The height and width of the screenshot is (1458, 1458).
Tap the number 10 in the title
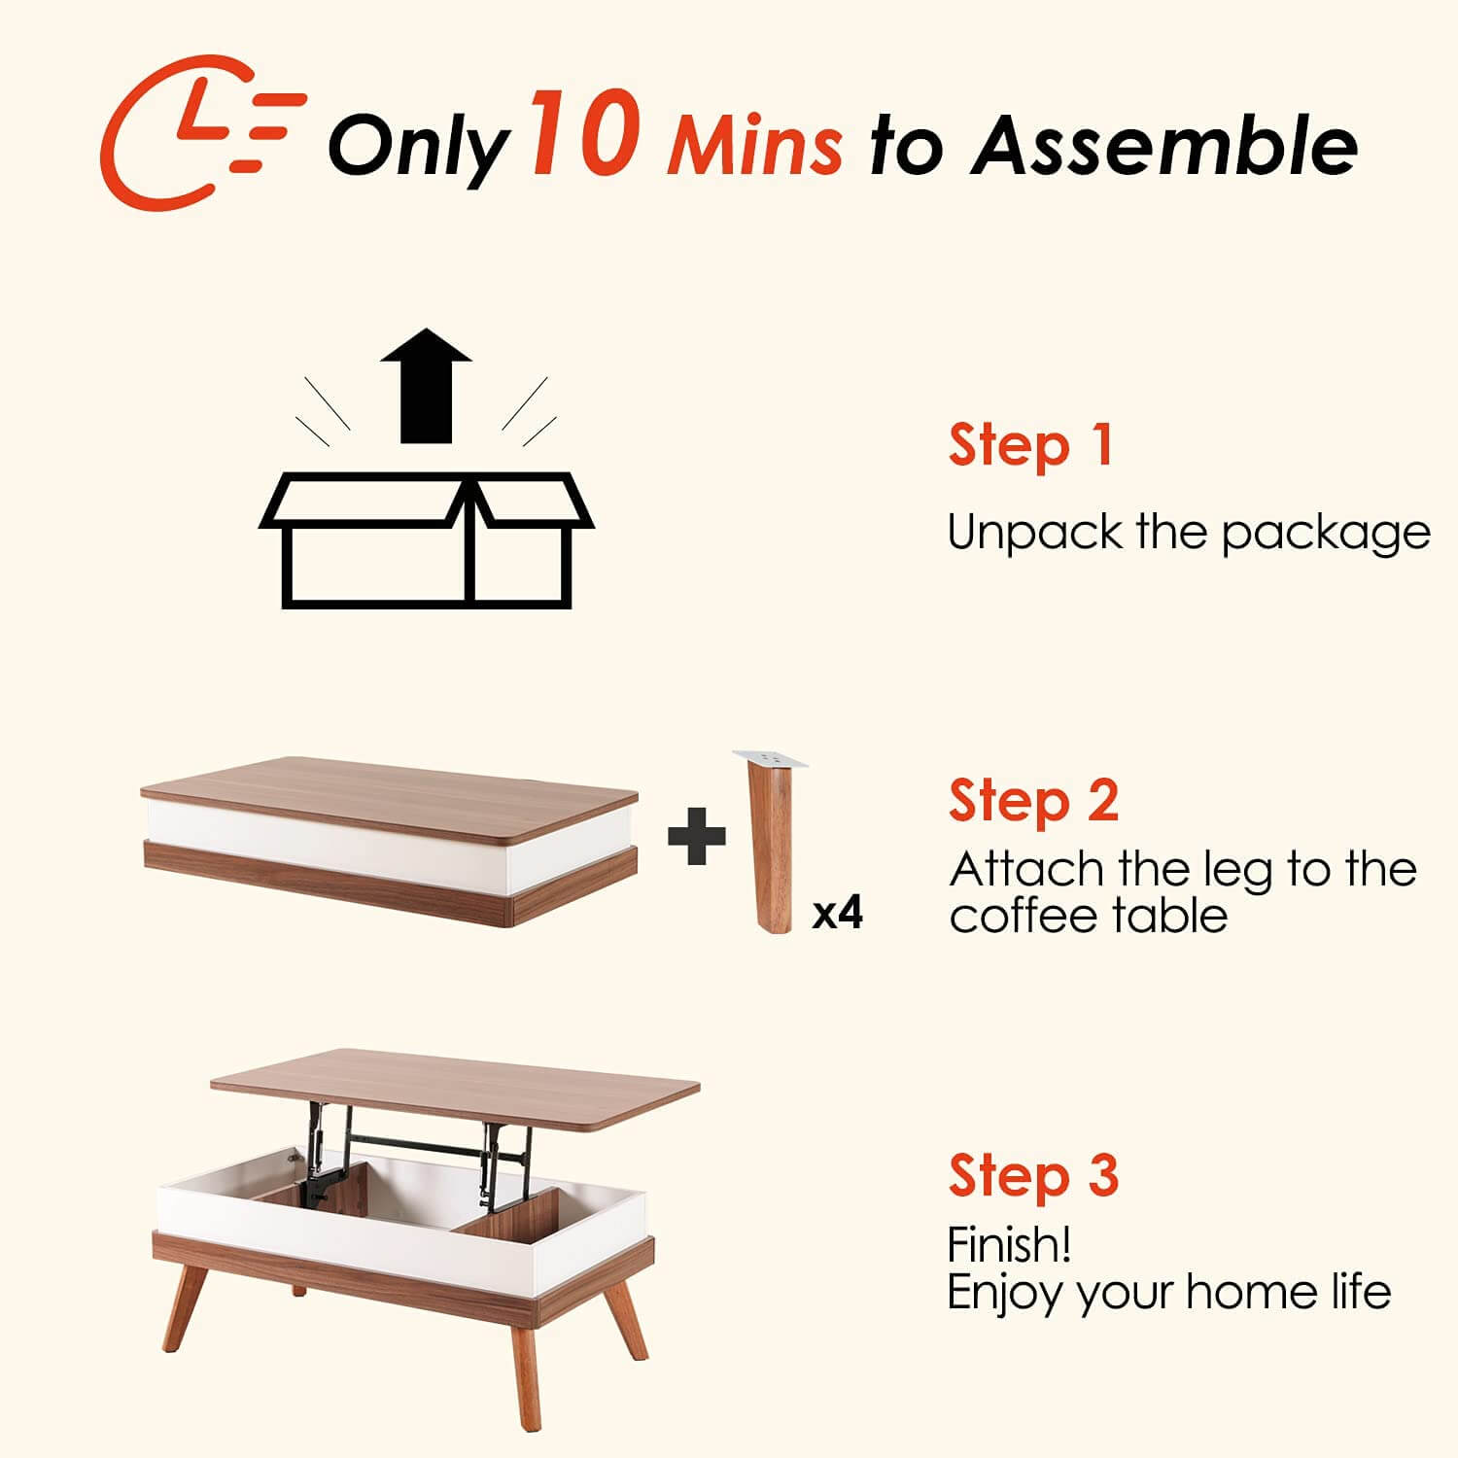583,133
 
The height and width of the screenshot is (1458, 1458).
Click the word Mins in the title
754,146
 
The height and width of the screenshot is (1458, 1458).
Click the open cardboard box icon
426,539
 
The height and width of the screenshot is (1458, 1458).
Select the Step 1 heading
1030,446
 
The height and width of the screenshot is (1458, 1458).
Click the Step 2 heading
1033,802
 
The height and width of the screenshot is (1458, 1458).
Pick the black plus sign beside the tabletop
697,835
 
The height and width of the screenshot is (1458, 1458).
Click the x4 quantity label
837,913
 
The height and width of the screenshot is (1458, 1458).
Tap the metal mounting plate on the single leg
771,757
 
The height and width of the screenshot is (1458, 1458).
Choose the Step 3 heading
1033,1175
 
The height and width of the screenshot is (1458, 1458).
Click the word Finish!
1009,1245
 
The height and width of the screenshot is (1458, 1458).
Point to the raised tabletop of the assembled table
455,1084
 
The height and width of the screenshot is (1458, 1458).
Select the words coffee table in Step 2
1089,917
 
